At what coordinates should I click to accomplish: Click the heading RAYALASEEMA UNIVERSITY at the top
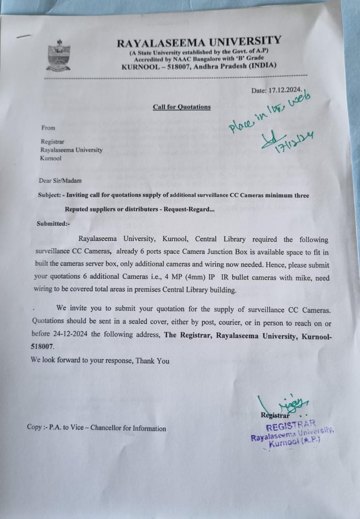click(x=199, y=42)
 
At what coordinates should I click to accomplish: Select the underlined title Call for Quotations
click(x=182, y=107)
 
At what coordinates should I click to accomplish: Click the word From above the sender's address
click(x=48, y=128)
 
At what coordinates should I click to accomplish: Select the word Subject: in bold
click(x=49, y=195)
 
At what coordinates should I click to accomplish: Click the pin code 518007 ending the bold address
click(x=42, y=347)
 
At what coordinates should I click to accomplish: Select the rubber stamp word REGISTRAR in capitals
click(x=291, y=426)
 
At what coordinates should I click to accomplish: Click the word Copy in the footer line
click(x=34, y=427)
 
